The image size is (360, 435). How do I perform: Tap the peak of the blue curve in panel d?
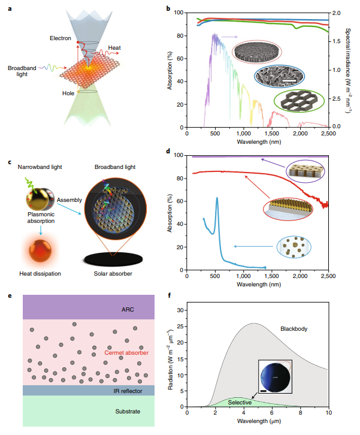tap(216, 198)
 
